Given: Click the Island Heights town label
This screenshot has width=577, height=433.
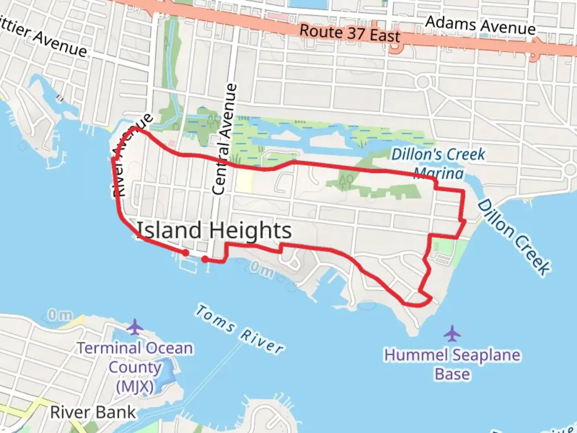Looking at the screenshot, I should pos(214,231).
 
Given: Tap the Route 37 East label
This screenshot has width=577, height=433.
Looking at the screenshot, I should pos(350,33).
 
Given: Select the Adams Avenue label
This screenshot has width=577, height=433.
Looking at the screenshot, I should pos(480,25).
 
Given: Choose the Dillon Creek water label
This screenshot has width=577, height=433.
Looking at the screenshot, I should pos(514,237).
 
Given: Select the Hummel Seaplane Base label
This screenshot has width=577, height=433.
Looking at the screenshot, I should pos(452,364).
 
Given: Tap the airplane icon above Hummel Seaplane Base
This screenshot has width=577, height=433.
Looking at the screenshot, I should pos(452,333).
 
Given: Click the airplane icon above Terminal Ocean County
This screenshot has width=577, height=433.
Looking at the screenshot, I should pos(135,327).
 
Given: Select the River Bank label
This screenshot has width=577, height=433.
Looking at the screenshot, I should pos(93,412).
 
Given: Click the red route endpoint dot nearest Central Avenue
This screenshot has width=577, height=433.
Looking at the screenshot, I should pos(205,259).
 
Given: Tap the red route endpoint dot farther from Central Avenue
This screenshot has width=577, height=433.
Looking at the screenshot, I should pos(186,253).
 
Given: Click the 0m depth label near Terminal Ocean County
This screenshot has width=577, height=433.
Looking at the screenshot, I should pos(60,315).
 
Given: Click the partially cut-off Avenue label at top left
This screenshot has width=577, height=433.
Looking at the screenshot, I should pos(44,40).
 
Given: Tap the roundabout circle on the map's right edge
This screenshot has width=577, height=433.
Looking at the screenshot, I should pos(570,170).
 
